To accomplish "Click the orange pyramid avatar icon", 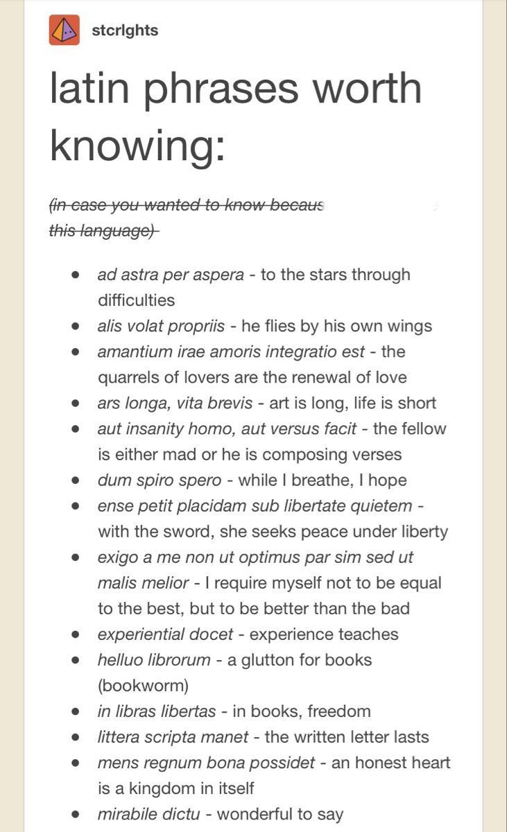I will coord(65,30).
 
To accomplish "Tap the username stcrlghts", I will coord(125,31).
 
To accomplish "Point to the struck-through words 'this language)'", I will coord(103,231).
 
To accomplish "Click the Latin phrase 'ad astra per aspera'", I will coord(171,275).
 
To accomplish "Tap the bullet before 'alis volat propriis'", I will coord(76,326).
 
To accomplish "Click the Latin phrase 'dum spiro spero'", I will coord(160,480).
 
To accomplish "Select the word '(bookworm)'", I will coord(143,686).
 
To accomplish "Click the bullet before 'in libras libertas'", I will coord(76,711).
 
